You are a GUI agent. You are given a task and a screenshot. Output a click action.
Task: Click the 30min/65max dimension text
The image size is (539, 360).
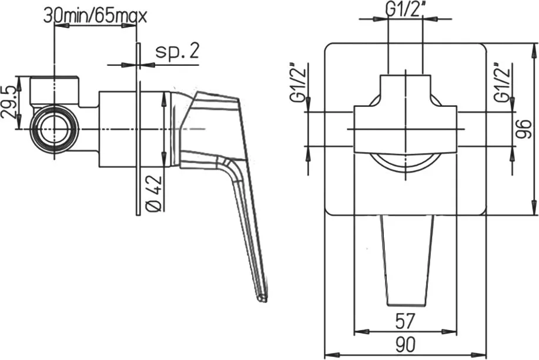point(95,16)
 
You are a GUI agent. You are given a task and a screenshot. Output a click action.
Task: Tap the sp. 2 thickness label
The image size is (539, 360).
point(178,51)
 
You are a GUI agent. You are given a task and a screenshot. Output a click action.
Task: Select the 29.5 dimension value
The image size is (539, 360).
point(9,102)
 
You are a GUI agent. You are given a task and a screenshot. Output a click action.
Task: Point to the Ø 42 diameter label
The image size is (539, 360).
point(153,193)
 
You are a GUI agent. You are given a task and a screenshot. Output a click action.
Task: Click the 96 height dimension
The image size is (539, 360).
point(524,129)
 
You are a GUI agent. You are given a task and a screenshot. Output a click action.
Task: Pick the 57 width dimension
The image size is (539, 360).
point(406,321)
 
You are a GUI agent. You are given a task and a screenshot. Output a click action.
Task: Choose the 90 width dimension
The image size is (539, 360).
point(406,344)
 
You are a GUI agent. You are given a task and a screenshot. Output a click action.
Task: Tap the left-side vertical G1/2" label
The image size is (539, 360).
point(297,83)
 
